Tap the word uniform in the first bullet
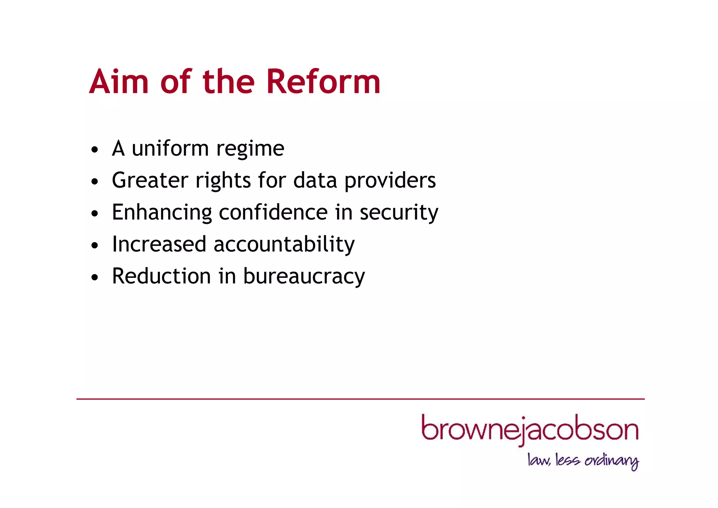pyautogui.click(x=170, y=148)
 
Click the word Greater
pyautogui.click(x=150, y=180)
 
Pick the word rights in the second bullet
pyautogui.click(x=223, y=181)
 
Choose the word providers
pyautogui.click(x=390, y=181)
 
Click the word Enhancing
pyautogui.click(x=162, y=213)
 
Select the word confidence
pyautogui.click(x=273, y=212)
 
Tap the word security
pyautogui.click(x=399, y=213)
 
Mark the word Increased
pyautogui.click(x=159, y=244)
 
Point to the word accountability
pyautogui.click(x=284, y=245)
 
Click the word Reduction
pyautogui.click(x=161, y=276)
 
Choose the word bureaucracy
pyautogui.click(x=304, y=277)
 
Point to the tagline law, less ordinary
pyautogui.click(x=583, y=461)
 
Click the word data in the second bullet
pyautogui.click(x=315, y=180)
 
